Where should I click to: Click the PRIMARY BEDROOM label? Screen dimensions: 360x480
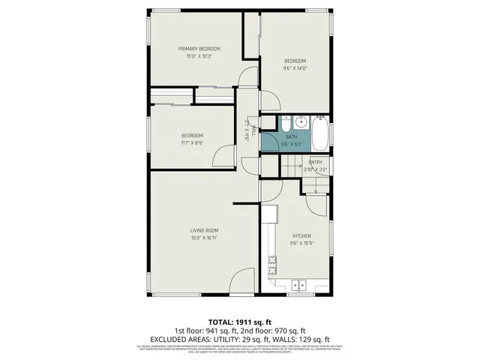199,49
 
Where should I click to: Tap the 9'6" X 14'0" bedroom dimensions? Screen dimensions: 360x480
295,68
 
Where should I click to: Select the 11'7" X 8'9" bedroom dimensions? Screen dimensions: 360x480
192,142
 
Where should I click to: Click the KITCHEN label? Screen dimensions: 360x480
301,235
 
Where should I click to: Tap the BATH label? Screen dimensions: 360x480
291,136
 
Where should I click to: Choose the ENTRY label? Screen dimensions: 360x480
316,162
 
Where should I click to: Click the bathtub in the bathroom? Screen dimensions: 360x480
319,135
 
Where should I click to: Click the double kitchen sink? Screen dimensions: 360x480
301,285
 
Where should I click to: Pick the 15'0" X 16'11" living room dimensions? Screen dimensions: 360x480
203,238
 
